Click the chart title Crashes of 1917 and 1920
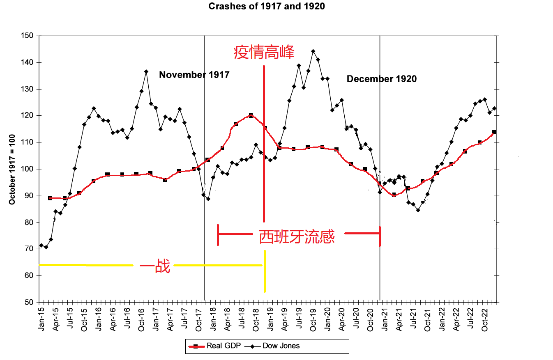pyautogui.click(x=267, y=7)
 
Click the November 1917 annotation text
pyautogui.click(x=194, y=75)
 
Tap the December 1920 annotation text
pyautogui.click(x=381, y=79)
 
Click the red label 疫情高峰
pyautogui.click(x=264, y=53)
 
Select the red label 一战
pyautogui.click(x=155, y=267)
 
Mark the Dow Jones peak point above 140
pyautogui.click(x=313, y=51)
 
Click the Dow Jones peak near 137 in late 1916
pyautogui.click(x=146, y=71)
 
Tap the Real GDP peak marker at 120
pyautogui.click(x=251, y=116)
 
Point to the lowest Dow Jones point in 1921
pyautogui.click(x=418, y=210)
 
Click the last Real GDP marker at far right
pyautogui.click(x=494, y=132)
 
